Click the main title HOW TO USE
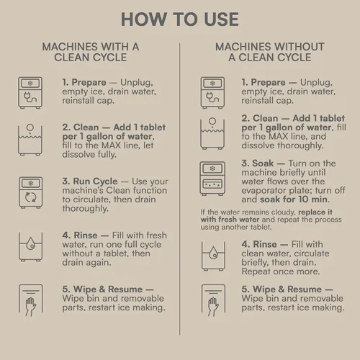click(180, 19)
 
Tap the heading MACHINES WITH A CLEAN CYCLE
click(91, 52)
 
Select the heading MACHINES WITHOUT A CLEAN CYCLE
click(270, 52)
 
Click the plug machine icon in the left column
click(30, 93)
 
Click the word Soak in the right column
click(263, 163)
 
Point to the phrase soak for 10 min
click(295, 199)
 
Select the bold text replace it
click(315, 212)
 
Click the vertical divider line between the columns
click(179, 189)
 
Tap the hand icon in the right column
click(213, 300)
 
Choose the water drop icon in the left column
click(31, 247)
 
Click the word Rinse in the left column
click(86, 235)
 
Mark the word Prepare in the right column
click(268, 83)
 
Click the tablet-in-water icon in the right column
click(212, 133)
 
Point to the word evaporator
click(265, 191)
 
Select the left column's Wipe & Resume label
click(108, 289)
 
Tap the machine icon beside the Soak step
click(212, 179)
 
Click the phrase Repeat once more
click(281, 271)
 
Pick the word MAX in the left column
click(111, 145)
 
